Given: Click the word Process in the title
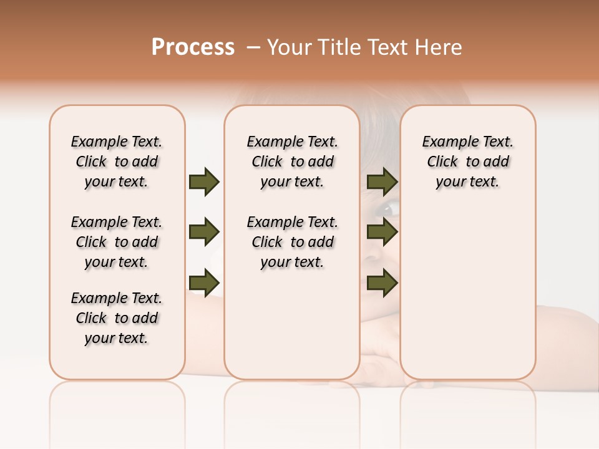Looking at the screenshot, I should (193, 47).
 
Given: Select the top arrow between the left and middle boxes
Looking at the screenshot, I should (204, 181).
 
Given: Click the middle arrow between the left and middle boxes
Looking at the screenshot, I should (204, 233).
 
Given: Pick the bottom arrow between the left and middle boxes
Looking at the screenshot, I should (204, 284).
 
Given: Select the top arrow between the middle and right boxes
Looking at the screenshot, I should (382, 181).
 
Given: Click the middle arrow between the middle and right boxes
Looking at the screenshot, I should (382, 233).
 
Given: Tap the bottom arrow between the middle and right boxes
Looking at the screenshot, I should (382, 284).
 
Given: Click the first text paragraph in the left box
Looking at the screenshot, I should (117, 162).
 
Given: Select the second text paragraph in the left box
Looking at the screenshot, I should (117, 242).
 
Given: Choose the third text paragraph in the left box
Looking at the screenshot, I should (117, 318).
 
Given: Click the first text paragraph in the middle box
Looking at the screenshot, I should (292, 162).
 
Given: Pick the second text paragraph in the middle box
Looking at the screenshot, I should (292, 242).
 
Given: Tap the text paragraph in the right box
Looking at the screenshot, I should (467, 162).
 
